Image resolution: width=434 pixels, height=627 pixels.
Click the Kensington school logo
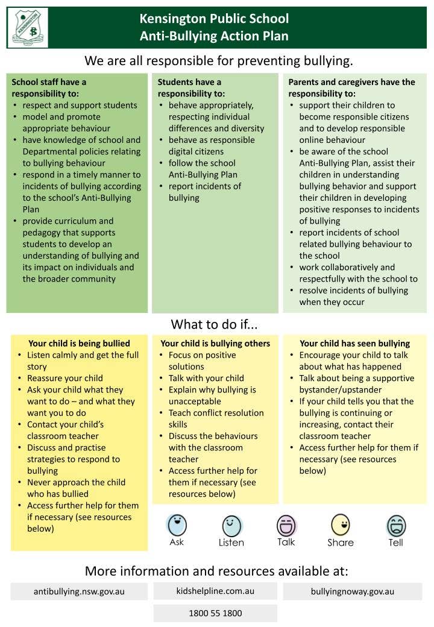(x=28, y=28)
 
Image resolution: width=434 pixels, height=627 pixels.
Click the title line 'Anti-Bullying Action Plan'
(x=214, y=36)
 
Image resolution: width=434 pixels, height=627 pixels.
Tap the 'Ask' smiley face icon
(x=177, y=525)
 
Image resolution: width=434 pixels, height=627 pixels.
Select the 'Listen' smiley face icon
(x=231, y=526)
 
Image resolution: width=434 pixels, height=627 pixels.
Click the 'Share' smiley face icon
(x=341, y=525)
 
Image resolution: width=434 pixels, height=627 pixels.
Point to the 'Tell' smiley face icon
(x=396, y=526)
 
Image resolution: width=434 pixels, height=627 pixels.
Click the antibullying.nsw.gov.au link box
(x=79, y=591)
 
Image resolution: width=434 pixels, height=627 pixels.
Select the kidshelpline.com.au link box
(x=215, y=591)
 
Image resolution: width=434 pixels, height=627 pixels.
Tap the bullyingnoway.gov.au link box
(x=353, y=591)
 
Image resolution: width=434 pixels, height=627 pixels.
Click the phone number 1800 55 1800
(x=215, y=613)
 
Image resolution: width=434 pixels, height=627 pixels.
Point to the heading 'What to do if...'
(x=214, y=324)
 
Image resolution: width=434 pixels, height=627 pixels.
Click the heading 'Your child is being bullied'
(x=79, y=344)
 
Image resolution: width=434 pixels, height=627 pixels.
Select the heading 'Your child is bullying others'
(x=215, y=344)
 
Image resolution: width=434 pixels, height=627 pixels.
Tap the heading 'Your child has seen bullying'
(x=354, y=344)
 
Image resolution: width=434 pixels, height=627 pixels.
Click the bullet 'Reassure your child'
(x=65, y=379)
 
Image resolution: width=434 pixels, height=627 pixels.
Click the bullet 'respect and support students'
(x=80, y=106)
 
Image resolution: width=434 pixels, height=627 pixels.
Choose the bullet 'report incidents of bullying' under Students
(x=204, y=192)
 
